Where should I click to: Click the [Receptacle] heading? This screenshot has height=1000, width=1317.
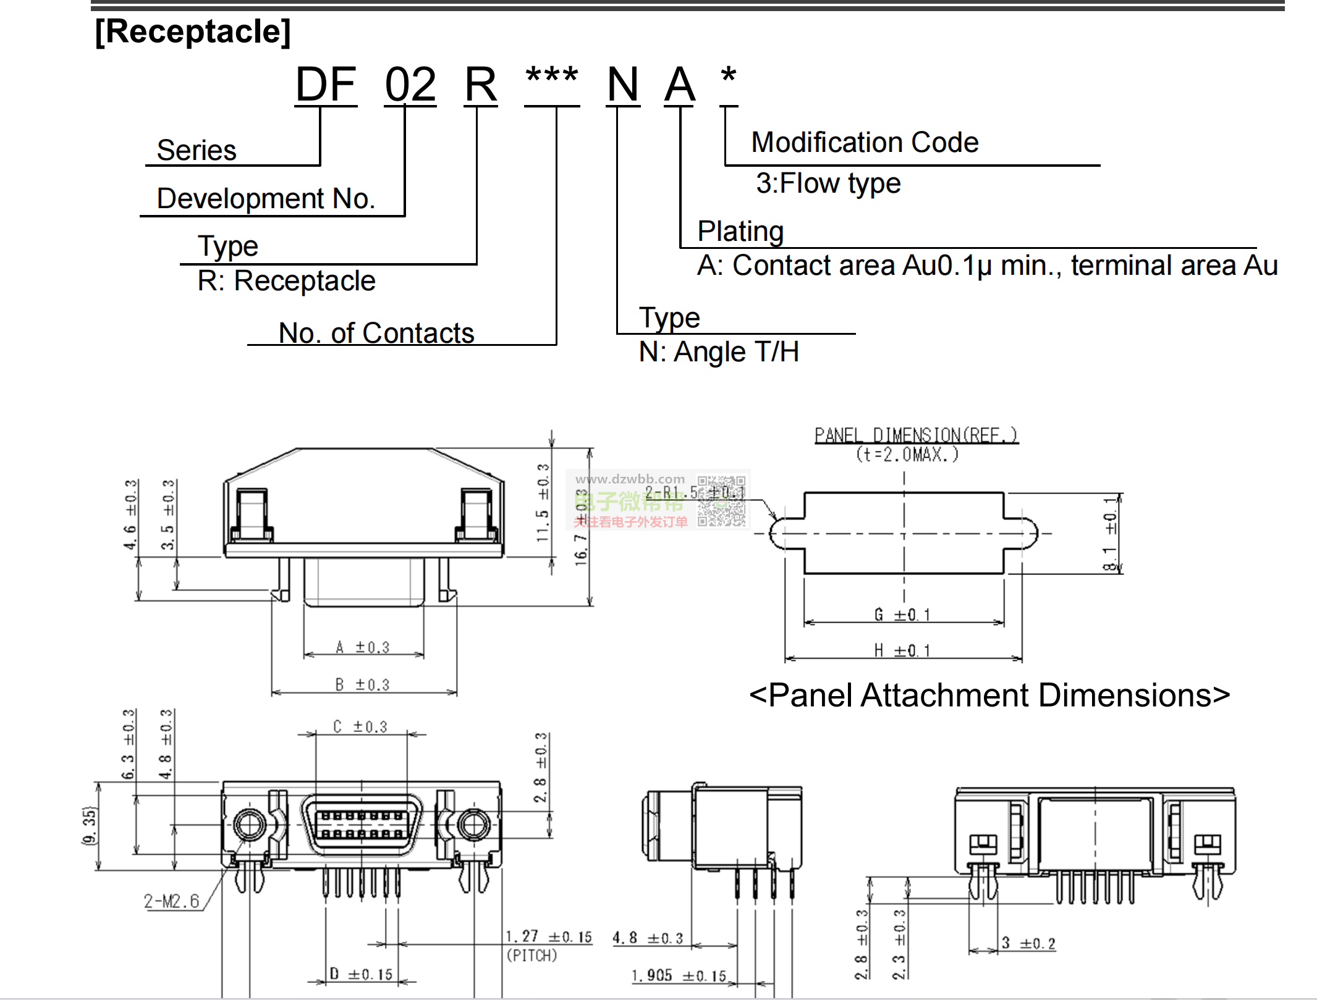(x=192, y=32)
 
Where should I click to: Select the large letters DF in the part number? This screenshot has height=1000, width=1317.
(x=326, y=85)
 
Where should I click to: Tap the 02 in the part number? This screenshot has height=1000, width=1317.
(x=410, y=85)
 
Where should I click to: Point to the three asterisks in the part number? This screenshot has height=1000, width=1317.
(x=551, y=77)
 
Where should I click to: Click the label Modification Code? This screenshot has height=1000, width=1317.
(x=865, y=143)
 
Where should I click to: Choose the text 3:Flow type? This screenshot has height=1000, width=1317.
(x=828, y=183)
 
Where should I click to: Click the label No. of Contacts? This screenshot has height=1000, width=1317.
(x=376, y=333)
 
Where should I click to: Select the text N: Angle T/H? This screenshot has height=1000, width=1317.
(x=719, y=352)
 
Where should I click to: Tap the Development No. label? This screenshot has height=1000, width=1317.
(x=266, y=199)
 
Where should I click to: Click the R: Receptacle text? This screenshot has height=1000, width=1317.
(x=286, y=281)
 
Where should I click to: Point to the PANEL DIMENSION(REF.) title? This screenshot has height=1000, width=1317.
(x=916, y=435)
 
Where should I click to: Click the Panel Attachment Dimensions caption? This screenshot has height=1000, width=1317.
(x=989, y=695)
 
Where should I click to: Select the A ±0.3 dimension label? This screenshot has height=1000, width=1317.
(x=363, y=647)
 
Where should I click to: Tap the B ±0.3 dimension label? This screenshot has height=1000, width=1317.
(x=363, y=684)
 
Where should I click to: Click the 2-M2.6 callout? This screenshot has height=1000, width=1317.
(x=172, y=901)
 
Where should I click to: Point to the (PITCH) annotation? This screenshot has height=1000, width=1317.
(x=531, y=956)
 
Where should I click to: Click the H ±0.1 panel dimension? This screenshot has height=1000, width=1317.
(x=902, y=650)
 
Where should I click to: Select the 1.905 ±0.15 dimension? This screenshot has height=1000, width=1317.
(x=679, y=976)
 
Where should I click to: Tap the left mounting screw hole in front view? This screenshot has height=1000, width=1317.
(x=249, y=824)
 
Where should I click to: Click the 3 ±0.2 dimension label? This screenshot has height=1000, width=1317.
(x=1028, y=943)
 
